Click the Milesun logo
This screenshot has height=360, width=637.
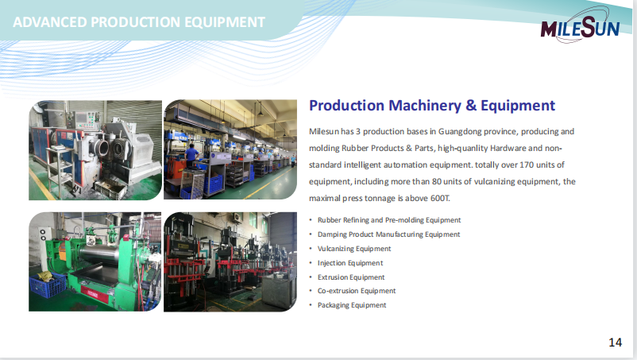point(580,29)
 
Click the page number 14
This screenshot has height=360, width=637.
point(615,343)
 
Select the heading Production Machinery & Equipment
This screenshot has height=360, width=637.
point(432,106)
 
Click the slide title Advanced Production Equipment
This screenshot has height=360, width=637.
point(139,22)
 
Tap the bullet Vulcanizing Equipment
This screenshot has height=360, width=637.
point(354,249)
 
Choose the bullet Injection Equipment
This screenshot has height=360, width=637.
point(350,263)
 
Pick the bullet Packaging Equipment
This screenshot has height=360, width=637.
point(352,305)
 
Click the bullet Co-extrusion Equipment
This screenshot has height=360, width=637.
point(357,291)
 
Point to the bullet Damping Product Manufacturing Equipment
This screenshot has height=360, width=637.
point(388,234)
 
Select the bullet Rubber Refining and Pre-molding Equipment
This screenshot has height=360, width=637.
point(389,220)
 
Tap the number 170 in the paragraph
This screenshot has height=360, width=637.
point(527,165)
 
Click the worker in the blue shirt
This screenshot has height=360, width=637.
point(191,157)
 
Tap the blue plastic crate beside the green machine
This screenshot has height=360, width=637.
point(48,285)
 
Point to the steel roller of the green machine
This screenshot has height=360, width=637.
point(99,255)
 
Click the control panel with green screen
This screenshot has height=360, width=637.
point(82,118)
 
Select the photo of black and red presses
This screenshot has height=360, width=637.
point(230,261)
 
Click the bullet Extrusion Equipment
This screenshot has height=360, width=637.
point(351,277)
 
